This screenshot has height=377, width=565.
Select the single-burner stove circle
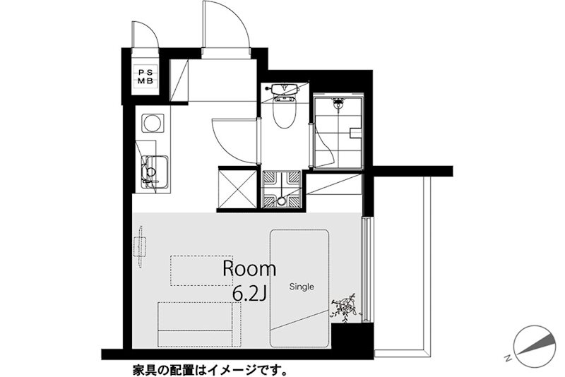[153, 124]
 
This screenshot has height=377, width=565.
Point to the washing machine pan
[283, 189]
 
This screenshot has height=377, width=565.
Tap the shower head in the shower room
[339, 104]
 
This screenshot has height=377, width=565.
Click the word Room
[249, 268]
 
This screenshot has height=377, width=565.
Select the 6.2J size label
[248, 292]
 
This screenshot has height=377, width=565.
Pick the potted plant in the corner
[346, 307]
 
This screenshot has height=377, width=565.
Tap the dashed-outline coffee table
[201, 270]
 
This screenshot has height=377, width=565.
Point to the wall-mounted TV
[141, 246]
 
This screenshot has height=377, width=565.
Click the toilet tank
[284, 90]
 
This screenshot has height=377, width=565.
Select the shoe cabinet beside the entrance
[179, 82]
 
